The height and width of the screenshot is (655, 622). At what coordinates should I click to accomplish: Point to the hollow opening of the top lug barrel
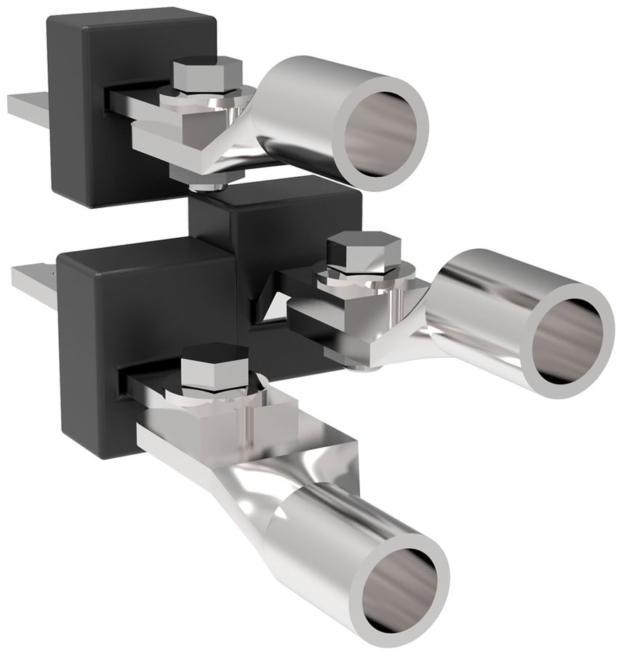tap(384, 132)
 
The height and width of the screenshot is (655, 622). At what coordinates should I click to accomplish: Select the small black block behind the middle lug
tap(291, 218)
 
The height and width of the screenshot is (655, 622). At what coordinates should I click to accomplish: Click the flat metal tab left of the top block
tap(25, 106)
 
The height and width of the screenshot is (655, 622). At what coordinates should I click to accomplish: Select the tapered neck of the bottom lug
tap(262, 480)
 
